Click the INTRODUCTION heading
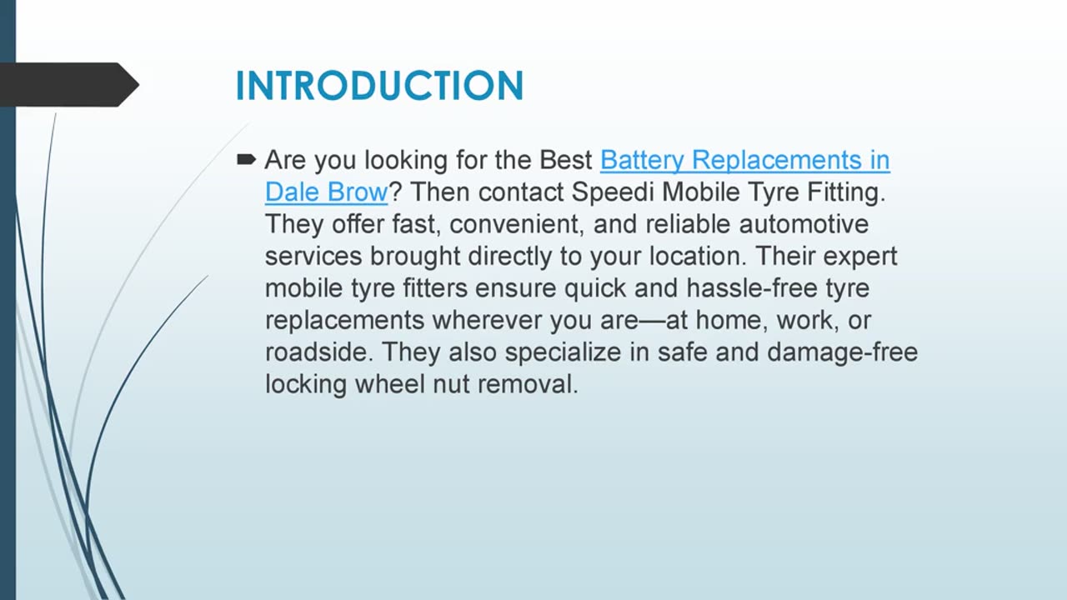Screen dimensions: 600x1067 (379, 86)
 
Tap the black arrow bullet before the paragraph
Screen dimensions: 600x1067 (246, 159)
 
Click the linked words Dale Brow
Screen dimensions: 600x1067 (326, 192)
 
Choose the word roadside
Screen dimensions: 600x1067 (315, 352)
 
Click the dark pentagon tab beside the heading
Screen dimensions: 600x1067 (67, 84)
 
